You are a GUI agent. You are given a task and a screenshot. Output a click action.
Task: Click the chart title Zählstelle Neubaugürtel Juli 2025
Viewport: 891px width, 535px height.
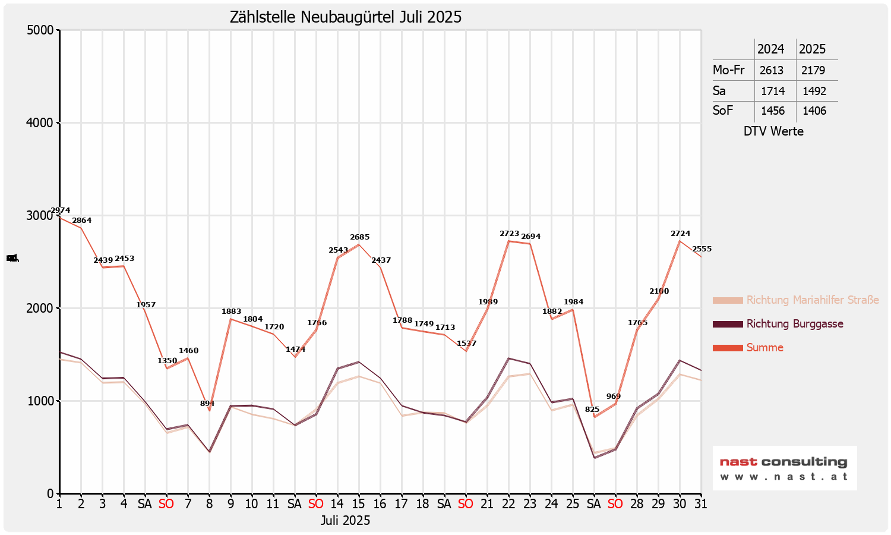point(346,17)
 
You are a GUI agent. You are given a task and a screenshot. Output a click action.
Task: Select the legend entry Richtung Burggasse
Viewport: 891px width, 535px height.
point(794,324)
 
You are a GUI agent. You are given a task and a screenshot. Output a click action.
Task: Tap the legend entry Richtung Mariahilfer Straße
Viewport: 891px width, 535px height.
point(812,300)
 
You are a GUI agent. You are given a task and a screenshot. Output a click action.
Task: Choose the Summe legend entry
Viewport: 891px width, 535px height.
point(764,348)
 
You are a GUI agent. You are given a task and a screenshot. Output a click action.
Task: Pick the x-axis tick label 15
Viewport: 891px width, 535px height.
point(358,504)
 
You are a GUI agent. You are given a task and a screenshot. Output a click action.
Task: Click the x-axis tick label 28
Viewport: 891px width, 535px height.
point(637,504)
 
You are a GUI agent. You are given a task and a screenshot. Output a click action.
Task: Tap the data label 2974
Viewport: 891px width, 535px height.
point(61,210)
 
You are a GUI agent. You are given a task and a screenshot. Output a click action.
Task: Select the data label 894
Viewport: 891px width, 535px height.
point(207,404)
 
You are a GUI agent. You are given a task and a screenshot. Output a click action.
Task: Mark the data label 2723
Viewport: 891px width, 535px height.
point(510,234)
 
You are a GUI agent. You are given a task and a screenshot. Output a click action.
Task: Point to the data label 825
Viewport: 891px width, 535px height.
point(592,410)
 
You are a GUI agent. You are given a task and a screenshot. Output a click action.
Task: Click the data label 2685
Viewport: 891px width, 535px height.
point(359,237)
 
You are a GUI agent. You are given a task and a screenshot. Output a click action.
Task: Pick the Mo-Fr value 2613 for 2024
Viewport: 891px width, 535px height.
point(772,70)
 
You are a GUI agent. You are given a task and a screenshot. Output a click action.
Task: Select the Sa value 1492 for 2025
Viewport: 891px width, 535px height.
point(814,91)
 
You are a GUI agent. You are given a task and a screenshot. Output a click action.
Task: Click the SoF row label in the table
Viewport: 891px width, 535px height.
point(723,111)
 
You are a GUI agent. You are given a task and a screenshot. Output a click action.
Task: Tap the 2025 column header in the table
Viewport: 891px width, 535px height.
point(812,49)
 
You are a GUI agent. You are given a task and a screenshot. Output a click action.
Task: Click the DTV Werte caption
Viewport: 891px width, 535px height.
point(773,131)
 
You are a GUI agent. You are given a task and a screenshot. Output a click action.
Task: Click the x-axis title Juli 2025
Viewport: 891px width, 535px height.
point(345,521)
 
